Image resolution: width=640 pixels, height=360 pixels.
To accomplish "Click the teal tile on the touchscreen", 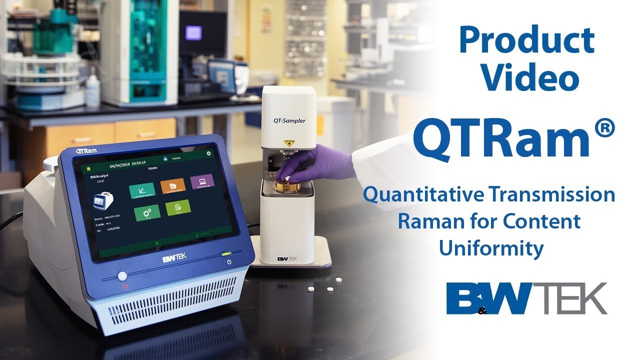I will [141, 191].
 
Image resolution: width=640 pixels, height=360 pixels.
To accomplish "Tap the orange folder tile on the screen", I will [173, 185].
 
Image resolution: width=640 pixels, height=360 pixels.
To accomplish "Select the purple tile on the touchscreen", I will [202, 181].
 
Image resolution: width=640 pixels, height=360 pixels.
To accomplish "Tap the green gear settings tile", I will [147, 212].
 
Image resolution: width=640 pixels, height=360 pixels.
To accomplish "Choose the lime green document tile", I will [177, 207].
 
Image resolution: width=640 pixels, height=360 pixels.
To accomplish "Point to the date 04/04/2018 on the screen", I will [114, 165].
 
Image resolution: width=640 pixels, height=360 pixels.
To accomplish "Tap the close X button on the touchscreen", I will [208, 154].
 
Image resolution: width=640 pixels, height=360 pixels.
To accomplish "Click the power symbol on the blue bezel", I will [229, 262].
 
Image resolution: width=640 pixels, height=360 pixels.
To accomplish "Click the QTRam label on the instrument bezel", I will [87, 150].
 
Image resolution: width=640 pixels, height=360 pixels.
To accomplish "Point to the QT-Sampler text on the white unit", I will [289, 120].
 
